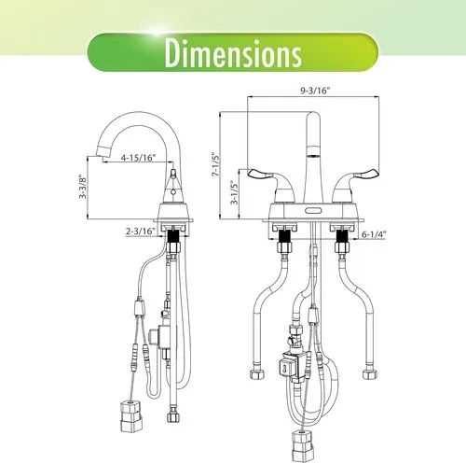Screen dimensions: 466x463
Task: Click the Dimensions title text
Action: coord(233,53)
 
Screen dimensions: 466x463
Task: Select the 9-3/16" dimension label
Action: coord(315,91)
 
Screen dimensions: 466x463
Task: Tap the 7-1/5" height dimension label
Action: coord(215,164)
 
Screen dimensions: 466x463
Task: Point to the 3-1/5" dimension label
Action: coord(235,192)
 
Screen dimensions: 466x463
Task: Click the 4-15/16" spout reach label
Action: coord(138,158)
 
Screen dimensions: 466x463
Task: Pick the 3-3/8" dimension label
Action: coord(83,187)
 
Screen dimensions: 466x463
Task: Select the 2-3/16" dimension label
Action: coord(141,231)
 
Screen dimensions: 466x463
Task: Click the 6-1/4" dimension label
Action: coord(374,234)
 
